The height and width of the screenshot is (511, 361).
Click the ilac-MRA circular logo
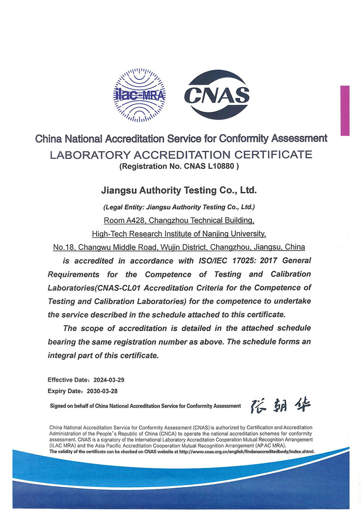point(139,95)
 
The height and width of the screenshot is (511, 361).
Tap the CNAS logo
point(217,95)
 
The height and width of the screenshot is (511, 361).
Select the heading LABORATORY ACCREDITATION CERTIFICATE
point(181,155)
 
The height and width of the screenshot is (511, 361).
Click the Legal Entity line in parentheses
point(179,208)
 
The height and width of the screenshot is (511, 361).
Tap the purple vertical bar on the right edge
point(345,111)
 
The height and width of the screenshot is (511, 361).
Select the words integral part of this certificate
point(104,355)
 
